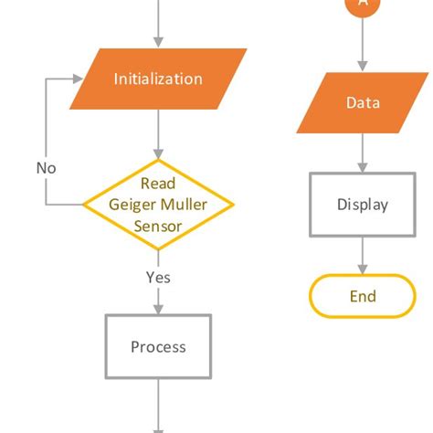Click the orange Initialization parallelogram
(x=158, y=79)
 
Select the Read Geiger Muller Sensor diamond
(x=158, y=204)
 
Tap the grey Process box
(x=158, y=346)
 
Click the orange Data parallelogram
(x=363, y=102)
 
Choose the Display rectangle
(x=363, y=205)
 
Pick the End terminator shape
(x=363, y=296)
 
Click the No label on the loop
(x=46, y=168)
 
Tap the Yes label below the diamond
(x=158, y=277)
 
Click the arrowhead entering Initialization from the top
(x=158, y=42)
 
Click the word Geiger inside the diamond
(x=133, y=204)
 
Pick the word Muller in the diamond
(x=185, y=204)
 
